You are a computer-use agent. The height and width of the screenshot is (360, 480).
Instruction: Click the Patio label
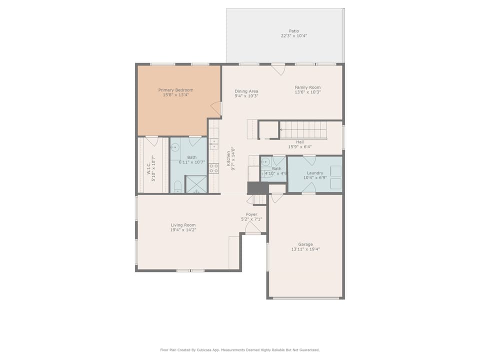coord(294,31)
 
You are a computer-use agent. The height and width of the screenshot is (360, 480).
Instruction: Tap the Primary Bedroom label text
coord(175,90)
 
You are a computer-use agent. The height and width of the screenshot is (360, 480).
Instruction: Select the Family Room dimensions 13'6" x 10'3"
coord(307,92)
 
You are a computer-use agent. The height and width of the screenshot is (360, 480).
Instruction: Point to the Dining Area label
coord(246,91)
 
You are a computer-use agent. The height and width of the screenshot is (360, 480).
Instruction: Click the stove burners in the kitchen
coord(213,168)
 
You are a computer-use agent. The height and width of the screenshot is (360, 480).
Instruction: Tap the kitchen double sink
coord(213,144)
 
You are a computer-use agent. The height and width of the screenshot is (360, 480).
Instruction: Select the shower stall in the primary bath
coord(196,184)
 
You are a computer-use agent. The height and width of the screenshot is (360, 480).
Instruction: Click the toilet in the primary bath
coord(177,186)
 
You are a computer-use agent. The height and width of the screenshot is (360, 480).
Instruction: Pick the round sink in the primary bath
coord(175,147)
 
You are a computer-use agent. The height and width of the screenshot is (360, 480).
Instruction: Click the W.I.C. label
coord(148,168)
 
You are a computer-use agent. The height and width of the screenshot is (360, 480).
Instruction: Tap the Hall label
coord(300,142)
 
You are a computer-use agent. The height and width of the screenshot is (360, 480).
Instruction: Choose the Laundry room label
coord(315,173)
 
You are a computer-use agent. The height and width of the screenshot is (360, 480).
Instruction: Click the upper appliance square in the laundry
coord(336,171)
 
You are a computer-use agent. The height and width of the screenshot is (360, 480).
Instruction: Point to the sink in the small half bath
coord(265,161)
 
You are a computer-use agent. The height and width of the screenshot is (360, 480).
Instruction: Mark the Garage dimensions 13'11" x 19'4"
coord(305,249)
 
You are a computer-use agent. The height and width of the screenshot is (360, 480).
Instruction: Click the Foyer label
coord(251,214)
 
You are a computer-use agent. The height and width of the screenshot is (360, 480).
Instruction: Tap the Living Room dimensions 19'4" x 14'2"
coord(183,230)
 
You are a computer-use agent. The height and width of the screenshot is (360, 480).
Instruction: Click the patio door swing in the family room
coord(278,69)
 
